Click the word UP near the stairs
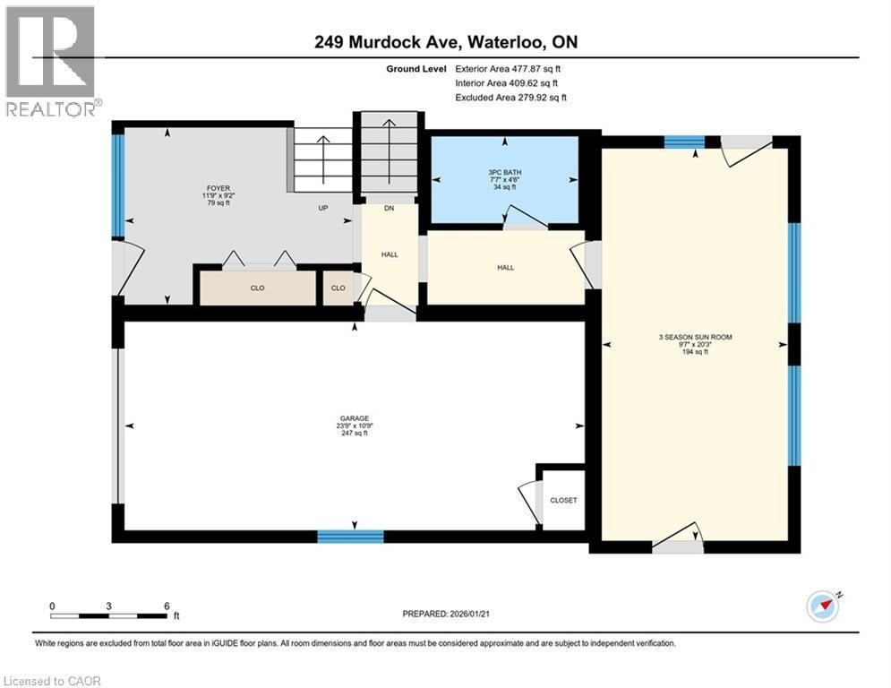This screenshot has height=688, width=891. pos(323,208)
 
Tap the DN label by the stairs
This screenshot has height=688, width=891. pos(389,208)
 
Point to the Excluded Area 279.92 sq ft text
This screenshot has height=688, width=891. pos(510,97)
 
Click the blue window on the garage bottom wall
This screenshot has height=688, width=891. pos(350,537)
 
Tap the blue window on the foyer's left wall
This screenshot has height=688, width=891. pos(117,185)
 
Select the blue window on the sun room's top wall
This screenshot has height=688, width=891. pos(684,141)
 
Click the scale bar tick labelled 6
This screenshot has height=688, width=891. pos(166,606)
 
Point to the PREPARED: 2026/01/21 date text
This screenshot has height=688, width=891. pos(445,615)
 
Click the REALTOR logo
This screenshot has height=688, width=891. pos(53,61)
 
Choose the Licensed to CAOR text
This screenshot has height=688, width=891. pos(52,681)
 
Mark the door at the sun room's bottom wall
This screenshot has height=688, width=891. pos(678,543)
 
